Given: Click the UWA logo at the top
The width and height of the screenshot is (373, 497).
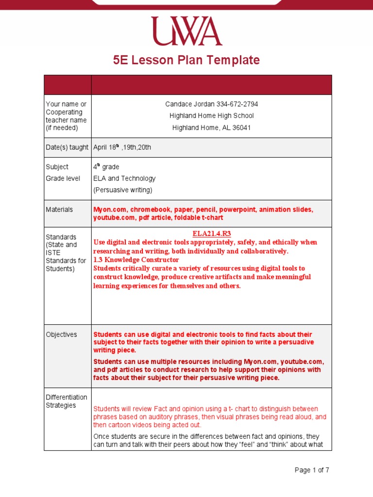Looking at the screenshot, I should (x=186, y=31).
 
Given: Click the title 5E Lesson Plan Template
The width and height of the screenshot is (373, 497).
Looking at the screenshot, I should (x=186, y=60).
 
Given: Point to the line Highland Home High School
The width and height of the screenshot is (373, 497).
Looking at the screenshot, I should (x=211, y=116).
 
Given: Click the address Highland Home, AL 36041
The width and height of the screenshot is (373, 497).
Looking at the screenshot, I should (x=211, y=128).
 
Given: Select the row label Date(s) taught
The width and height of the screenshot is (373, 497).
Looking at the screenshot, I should (x=67, y=147).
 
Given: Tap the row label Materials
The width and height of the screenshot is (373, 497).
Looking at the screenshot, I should (x=59, y=209).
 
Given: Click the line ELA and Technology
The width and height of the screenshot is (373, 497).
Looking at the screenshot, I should (x=124, y=178).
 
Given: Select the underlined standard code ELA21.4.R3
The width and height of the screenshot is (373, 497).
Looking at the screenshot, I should (x=211, y=233).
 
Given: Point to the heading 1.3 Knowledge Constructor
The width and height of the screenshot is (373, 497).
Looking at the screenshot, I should (x=136, y=260).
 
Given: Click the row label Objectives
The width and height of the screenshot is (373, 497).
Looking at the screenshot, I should (x=61, y=334).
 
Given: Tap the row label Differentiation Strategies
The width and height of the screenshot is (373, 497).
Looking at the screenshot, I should (x=67, y=401).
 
